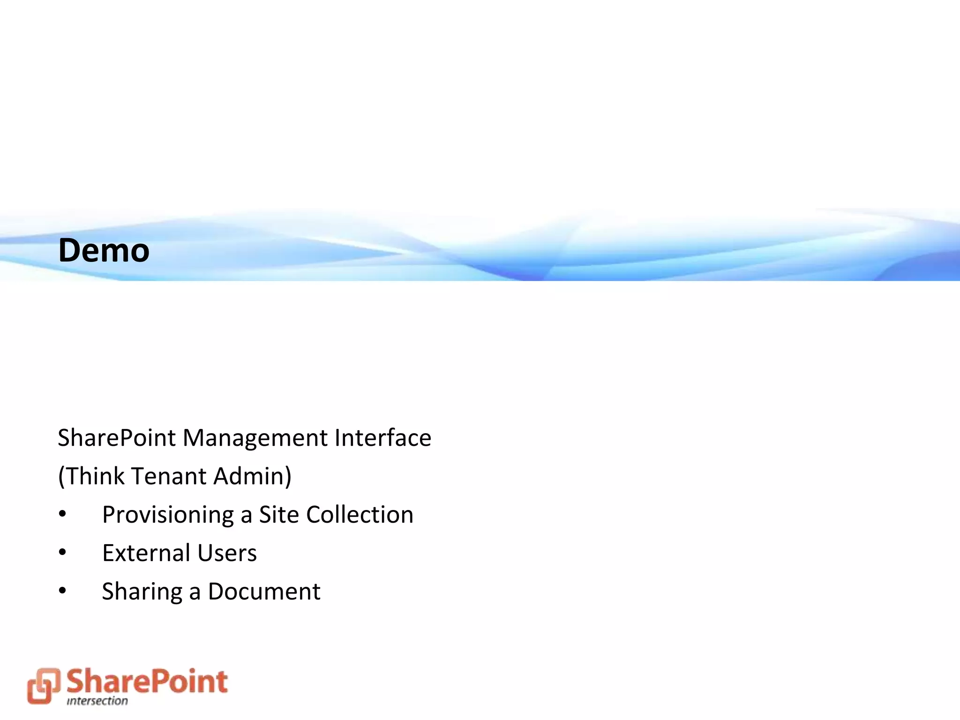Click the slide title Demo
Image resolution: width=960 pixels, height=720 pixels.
tap(104, 250)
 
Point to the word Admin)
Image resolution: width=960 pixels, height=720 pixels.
tap(252, 476)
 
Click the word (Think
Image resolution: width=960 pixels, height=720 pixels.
tap(91, 476)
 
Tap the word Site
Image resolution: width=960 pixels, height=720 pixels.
tap(279, 515)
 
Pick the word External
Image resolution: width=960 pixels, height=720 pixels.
tap(146, 553)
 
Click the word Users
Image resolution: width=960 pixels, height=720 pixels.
tap(227, 553)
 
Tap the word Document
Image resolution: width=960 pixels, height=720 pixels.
tap(264, 592)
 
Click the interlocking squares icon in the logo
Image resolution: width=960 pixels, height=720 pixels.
tap(44, 685)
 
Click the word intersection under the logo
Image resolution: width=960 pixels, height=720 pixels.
tap(97, 701)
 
